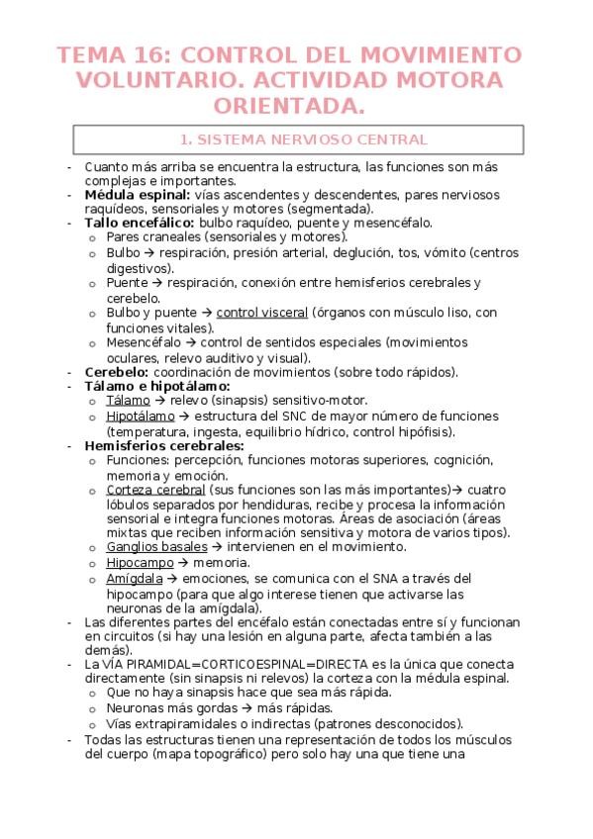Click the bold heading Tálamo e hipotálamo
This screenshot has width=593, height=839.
pos(157,386)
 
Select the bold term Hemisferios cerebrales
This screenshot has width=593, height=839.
pos(164,445)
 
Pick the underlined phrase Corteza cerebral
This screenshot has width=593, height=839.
pos(155,489)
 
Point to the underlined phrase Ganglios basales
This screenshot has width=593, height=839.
pos(156,546)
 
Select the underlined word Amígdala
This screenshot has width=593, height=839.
pos(136,578)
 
